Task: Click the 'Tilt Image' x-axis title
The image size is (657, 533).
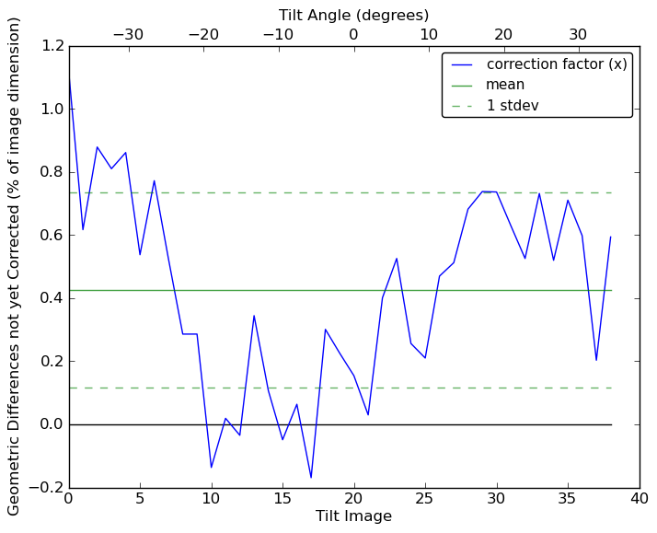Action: pos(353,516)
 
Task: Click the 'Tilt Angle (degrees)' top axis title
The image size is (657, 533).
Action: pos(353,16)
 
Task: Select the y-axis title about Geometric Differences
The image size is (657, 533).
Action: pos(15,266)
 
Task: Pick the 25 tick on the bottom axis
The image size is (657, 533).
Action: pos(425,500)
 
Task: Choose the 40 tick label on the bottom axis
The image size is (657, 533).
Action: pos(640,500)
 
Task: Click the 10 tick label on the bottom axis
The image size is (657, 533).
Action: pos(212,500)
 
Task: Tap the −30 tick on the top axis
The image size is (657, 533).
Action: pos(128,35)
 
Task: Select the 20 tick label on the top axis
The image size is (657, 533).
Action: pos(503,35)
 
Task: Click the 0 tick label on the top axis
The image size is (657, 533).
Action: pos(353,35)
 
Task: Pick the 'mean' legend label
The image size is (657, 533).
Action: pos(505,85)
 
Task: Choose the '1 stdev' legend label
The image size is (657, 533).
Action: pos(513,106)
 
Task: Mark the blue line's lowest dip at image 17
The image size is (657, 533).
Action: pos(311,477)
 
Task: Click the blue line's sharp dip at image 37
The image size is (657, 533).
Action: pos(596,360)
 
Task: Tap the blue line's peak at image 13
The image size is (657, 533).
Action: pos(254,316)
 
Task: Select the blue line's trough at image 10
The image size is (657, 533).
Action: pos(212,467)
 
